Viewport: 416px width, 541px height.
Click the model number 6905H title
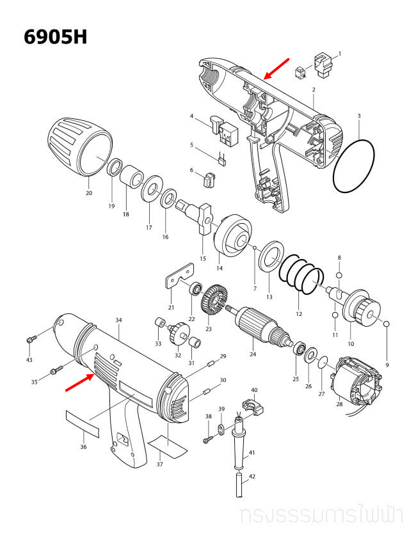tap(55, 37)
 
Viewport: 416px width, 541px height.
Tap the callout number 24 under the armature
tap(253, 354)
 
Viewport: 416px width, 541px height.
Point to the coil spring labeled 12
tap(301, 274)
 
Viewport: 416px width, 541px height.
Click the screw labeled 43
tap(31, 340)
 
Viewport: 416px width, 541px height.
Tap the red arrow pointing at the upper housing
tap(276, 68)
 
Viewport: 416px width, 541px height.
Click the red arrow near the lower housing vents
tap(80, 382)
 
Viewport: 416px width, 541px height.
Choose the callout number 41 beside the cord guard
tap(252, 452)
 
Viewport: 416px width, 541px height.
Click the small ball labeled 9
tap(387, 324)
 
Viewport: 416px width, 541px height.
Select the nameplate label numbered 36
tap(82, 424)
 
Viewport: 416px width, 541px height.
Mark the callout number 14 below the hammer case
tap(220, 268)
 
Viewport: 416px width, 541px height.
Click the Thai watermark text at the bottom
tap(321, 516)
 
